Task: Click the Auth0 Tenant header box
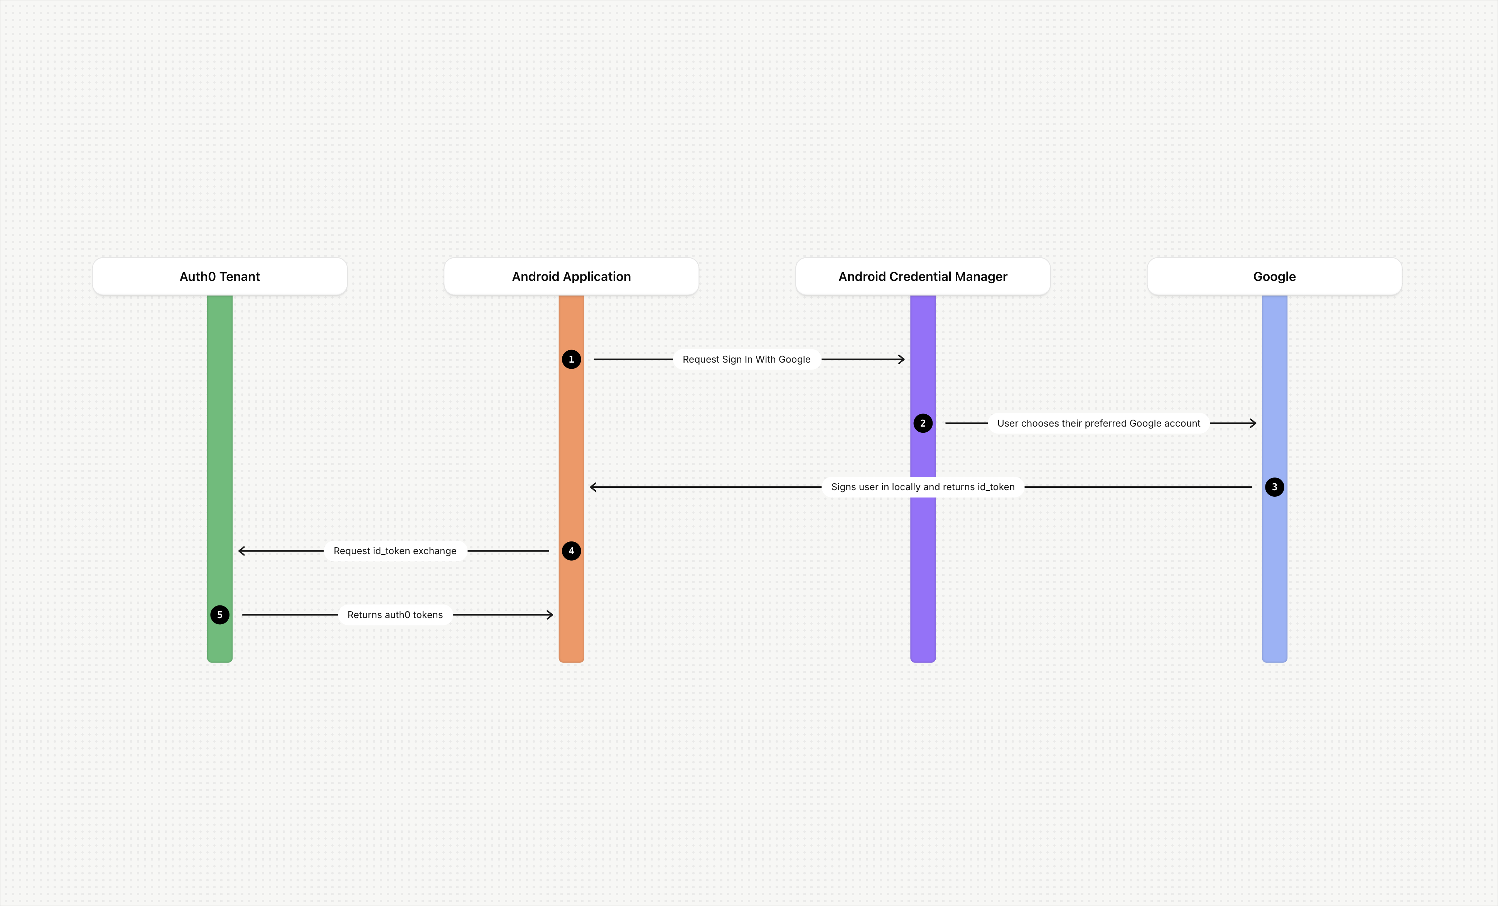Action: pyautogui.click(x=219, y=276)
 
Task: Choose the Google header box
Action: pyautogui.click(x=1274, y=276)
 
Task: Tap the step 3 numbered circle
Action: pyautogui.click(x=1274, y=487)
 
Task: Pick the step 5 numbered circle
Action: pyautogui.click(x=219, y=614)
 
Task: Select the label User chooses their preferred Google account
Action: pyautogui.click(x=1098, y=423)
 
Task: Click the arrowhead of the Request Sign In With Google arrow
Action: pyautogui.click(x=902, y=359)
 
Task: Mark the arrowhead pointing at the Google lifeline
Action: pyautogui.click(x=1253, y=423)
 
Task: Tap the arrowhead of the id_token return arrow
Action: pyautogui.click(x=593, y=487)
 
